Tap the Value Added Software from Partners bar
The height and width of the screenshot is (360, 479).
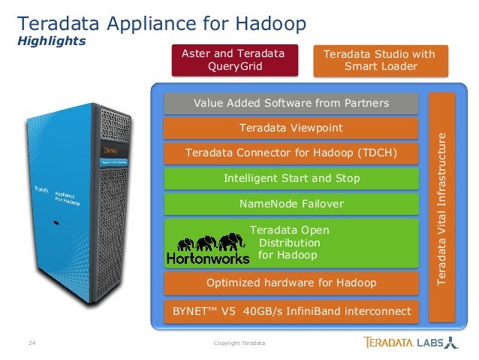(x=291, y=103)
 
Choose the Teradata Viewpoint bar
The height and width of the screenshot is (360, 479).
(x=291, y=129)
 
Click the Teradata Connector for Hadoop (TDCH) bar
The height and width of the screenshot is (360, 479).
(x=291, y=154)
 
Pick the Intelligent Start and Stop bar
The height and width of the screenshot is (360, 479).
(x=291, y=179)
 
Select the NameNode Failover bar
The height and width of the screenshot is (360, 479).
(x=291, y=204)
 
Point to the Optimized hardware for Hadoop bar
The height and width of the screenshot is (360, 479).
(x=291, y=283)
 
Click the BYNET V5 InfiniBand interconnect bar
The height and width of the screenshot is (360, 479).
(x=291, y=310)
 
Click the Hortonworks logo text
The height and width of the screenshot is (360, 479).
(x=208, y=258)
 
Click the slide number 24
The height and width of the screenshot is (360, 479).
(x=32, y=344)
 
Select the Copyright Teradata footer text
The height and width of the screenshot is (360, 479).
(x=239, y=344)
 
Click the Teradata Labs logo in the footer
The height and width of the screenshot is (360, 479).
(x=410, y=343)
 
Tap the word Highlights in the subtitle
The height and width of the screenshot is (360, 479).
(x=51, y=41)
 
